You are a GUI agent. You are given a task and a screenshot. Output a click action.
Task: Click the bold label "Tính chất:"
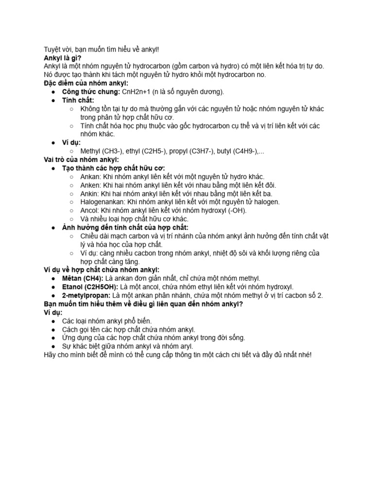coord(78,100)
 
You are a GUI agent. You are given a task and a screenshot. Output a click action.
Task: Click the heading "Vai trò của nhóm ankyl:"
coord(81,159)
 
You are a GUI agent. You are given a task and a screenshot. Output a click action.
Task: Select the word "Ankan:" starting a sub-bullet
coord(91,177)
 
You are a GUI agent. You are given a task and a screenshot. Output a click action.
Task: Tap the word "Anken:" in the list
coord(91,185)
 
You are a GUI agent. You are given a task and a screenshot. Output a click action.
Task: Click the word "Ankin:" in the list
coord(89,194)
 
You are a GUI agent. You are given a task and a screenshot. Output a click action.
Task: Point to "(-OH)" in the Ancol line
coord(236,210)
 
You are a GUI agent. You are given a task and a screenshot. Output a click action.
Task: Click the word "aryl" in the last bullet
coord(185,346)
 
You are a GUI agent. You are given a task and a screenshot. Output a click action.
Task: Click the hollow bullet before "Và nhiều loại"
coord(72,219)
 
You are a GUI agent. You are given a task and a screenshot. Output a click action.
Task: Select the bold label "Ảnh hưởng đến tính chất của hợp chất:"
coord(125,227)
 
